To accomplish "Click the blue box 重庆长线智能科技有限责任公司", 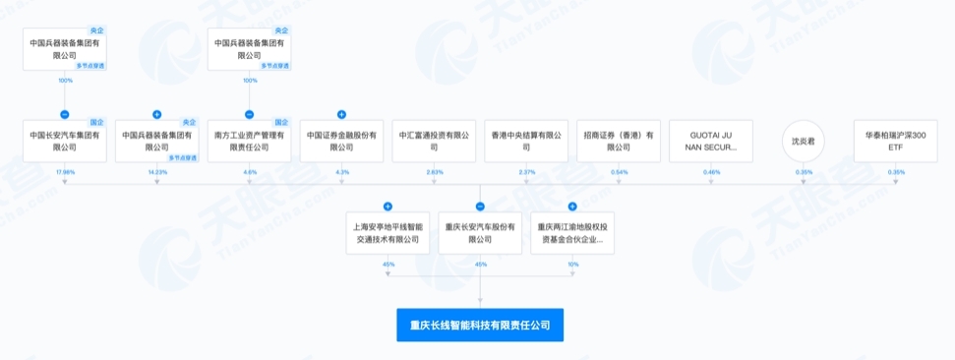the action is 480,324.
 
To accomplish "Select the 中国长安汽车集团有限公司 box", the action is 65,141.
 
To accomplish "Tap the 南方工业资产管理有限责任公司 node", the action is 249,141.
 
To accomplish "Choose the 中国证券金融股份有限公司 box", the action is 341,141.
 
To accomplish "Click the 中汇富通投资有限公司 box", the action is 434,141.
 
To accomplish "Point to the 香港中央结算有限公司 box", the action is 526,141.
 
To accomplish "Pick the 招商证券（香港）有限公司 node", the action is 619,141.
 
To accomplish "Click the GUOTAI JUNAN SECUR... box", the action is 711,141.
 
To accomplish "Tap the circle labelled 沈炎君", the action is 804,141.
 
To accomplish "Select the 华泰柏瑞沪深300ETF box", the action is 896,141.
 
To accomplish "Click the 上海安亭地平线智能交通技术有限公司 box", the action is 388,232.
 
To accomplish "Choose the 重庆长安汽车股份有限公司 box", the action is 480,232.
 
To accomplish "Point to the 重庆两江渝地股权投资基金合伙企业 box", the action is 572,232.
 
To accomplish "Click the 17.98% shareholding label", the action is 65,172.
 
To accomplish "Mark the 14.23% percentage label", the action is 157,172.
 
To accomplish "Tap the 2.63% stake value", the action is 434,172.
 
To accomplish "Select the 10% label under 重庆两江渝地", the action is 572,264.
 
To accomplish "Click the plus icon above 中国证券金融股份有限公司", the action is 341,115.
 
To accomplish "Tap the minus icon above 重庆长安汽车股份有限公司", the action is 480,207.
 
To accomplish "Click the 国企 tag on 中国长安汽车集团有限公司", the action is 96,121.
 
